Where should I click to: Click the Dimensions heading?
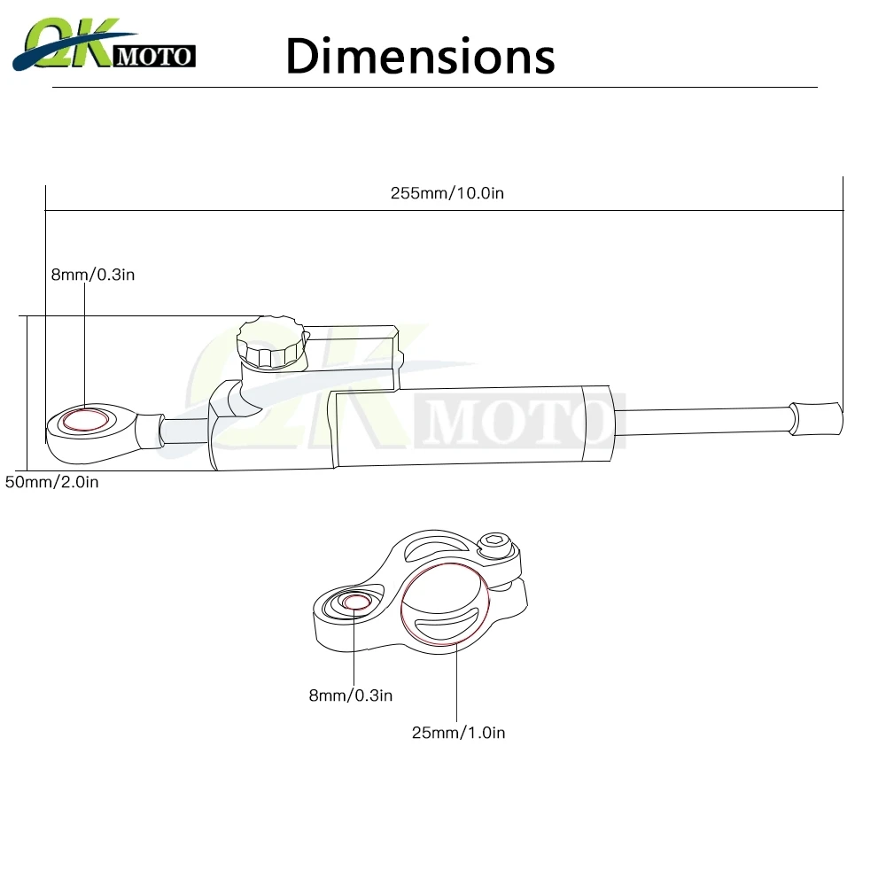(x=420, y=55)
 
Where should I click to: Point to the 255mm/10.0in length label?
(x=447, y=193)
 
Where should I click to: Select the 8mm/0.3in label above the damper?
(x=92, y=275)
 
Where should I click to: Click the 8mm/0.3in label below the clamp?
(x=350, y=696)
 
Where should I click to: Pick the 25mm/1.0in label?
(x=458, y=732)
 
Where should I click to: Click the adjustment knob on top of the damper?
(x=270, y=344)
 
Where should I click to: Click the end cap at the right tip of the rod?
(x=816, y=416)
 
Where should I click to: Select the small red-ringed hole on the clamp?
(x=356, y=603)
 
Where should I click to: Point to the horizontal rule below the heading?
(x=434, y=88)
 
